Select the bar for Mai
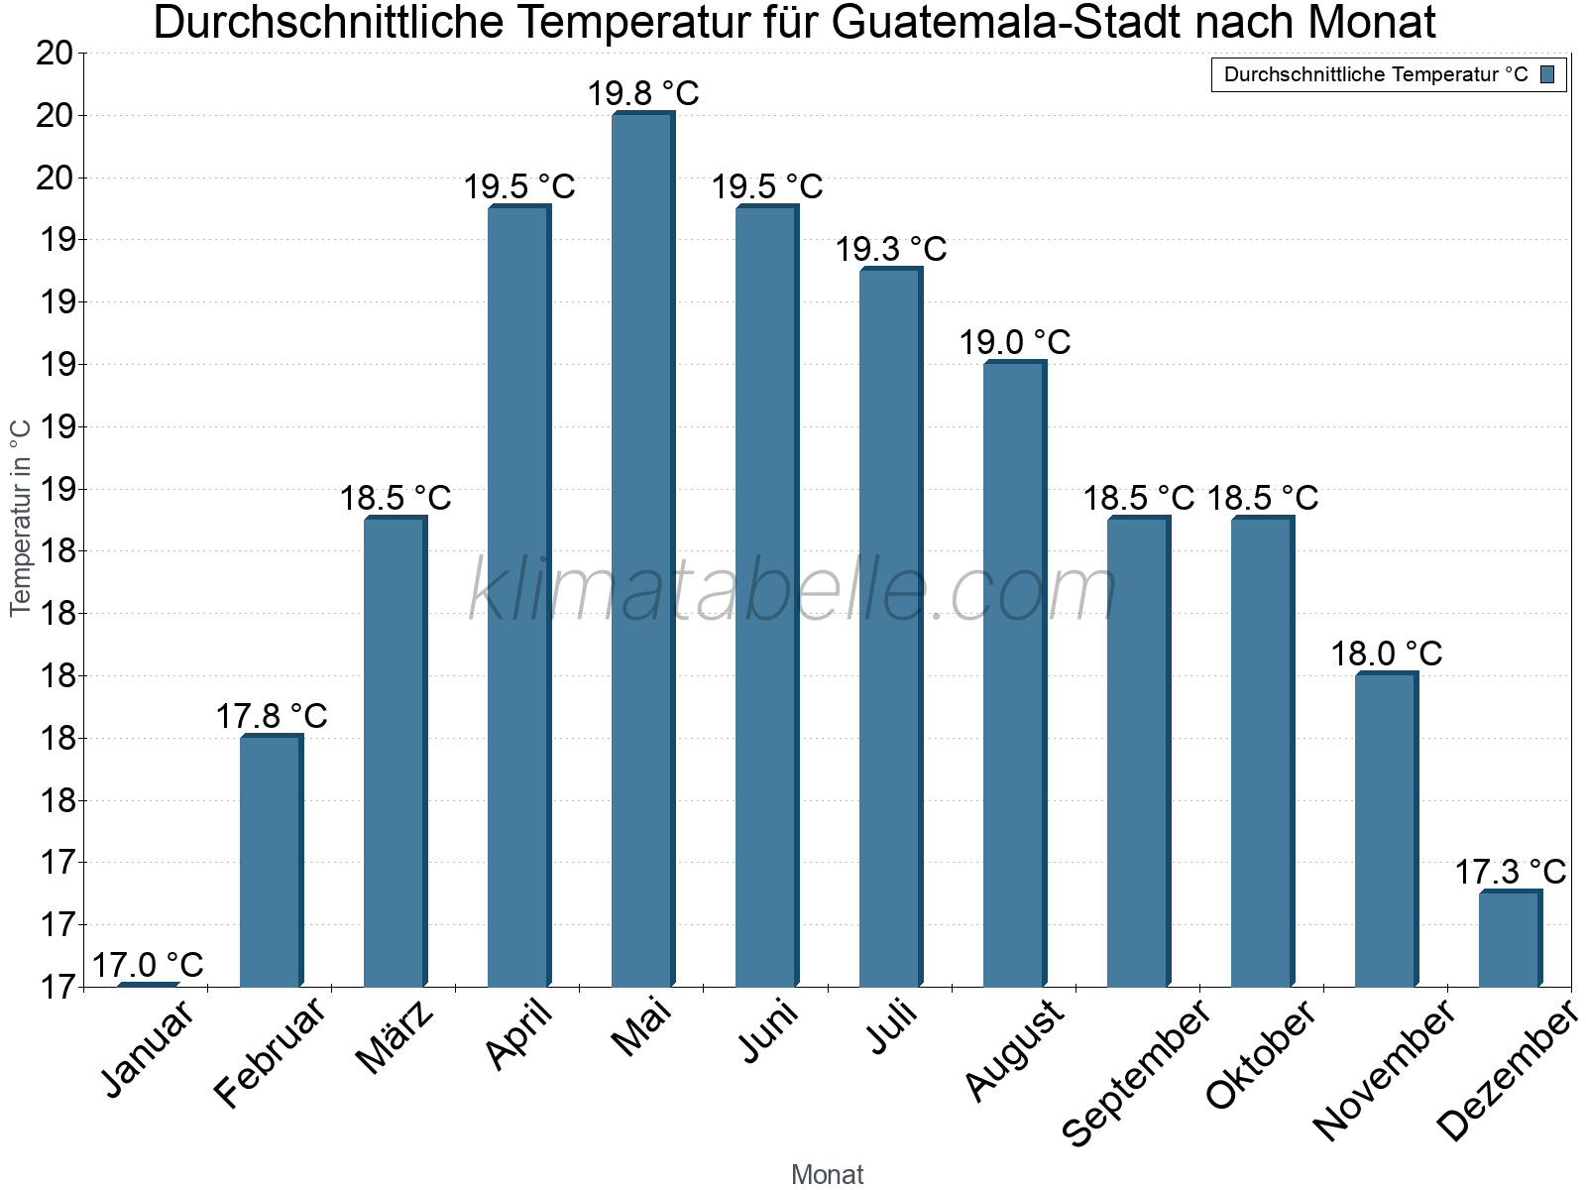(x=642, y=550)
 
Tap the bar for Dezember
(x=1510, y=939)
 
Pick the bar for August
(x=1014, y=674)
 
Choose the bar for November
(x=1386, y=830)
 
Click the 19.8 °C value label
(x=643, y=94)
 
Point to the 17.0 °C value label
(x=148, y=965)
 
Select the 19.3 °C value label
(x=891, y=250)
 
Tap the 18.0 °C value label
(x=1386, y=654)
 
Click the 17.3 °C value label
(x=1510, y=873)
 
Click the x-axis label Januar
(x=149, y=1049)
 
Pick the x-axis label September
(x=1136, y=1071)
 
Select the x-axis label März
(x=396, y=1037)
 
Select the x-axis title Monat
(x=828, y=1175)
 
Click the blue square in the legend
(x=1548, y=74)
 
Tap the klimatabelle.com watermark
(x=793, y=591)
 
